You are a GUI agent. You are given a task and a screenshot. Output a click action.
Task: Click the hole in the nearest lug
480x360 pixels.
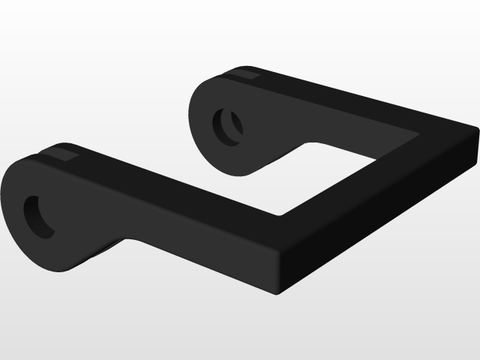click(x=38, y=217)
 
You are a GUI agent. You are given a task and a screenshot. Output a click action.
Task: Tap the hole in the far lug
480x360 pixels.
click(x=228, y=125)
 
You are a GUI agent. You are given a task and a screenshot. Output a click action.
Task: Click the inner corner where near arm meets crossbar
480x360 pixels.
click(x=280, y=215)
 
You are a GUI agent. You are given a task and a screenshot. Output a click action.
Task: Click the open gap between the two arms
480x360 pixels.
click(x=240, y=187)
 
